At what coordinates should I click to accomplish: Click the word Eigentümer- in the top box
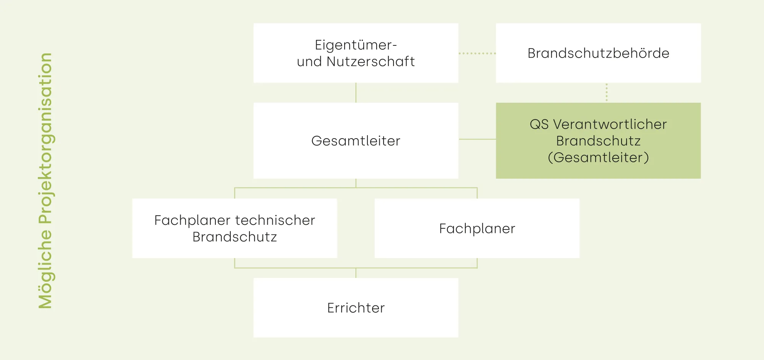coord(356,45)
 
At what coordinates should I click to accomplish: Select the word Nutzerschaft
coord(371,61)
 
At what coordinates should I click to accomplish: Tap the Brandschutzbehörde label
coord(598,53)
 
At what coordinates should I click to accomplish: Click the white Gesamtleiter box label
coord(356,141)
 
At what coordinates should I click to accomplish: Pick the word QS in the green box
coord(539,124)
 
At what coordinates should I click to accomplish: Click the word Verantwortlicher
coord(610,124)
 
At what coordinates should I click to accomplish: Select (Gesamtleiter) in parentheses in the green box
coord(598,157)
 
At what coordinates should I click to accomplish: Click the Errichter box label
coord(356,308)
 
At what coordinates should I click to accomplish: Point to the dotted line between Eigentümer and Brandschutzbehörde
coord(477,53)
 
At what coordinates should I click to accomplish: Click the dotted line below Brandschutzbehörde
coord(607,92)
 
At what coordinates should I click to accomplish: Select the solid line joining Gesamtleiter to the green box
coord(477,139)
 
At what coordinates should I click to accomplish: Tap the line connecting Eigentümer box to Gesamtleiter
coord(356,92)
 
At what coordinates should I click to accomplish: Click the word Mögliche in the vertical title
coord(45,269)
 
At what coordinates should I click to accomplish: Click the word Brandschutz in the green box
coord(598,141)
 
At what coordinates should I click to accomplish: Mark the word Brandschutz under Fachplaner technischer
coord(235,237)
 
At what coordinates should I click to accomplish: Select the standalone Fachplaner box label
coord(477,229)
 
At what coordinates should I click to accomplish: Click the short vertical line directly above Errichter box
coord(356,273)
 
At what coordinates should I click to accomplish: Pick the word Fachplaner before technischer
coord(192,220)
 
